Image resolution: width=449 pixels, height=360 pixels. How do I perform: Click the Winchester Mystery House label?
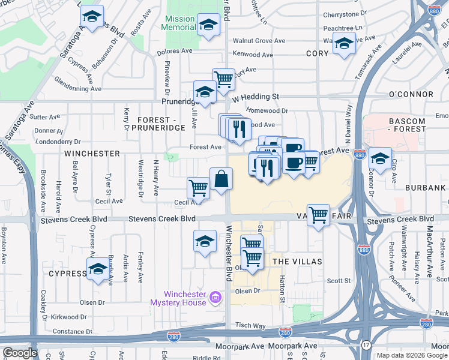[186, 298]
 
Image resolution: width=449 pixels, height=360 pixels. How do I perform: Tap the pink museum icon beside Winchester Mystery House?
[216, 298]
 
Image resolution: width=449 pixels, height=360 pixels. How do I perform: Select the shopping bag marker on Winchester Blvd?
[221, 179]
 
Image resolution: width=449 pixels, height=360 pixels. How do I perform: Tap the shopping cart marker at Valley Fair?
[318, 214]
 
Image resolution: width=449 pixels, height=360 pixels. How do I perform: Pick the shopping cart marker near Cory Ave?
[223, 78]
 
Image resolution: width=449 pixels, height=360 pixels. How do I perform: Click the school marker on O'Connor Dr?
[379, 158]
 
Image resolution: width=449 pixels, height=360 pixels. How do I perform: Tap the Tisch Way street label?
[250, 326]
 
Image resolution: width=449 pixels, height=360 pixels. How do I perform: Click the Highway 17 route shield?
[366, 345]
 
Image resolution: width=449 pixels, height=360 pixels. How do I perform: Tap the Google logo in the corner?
[20, 353]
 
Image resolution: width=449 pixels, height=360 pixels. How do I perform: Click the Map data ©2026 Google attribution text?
[412, 355]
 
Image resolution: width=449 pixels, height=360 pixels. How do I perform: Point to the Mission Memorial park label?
[179, 23]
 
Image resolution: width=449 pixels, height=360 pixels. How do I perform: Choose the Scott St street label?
[338, 280]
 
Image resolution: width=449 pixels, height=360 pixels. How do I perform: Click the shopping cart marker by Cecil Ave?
[198, 187]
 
